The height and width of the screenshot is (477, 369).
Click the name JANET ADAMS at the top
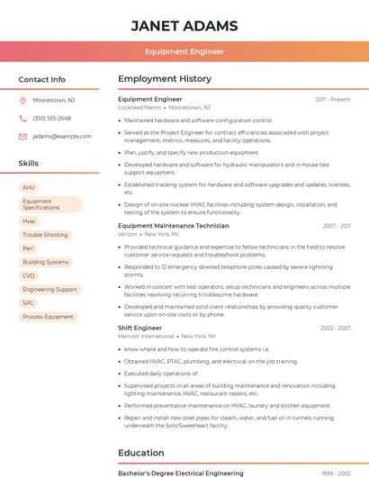[184, 25]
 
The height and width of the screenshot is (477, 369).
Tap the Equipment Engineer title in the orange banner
[184, 52]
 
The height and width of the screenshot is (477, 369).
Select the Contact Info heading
[42, 80]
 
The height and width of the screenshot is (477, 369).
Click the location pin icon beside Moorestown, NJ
[22, 101]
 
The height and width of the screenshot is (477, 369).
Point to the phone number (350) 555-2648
[51, 119]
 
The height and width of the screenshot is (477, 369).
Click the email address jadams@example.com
[62, 137]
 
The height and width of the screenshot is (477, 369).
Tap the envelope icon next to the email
[22, 137]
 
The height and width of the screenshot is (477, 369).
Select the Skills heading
[29, 164]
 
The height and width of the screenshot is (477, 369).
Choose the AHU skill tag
[29, 188]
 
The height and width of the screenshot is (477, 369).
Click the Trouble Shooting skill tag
[45, 235]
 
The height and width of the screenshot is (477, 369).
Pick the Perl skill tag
[29, 248]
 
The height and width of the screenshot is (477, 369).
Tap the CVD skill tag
[29, 275]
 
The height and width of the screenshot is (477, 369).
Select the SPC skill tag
[29, 303]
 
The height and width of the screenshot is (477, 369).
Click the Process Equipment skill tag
[48, 317]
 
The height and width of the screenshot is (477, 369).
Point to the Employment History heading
[165, 79]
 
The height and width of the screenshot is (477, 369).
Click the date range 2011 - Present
[333, 100]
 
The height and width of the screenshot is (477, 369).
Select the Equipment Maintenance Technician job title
[174, 226]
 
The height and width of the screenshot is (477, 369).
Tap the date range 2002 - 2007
[335, 328]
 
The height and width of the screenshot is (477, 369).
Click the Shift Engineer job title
[139, 328]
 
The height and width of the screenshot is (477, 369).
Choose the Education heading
[141, 453]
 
